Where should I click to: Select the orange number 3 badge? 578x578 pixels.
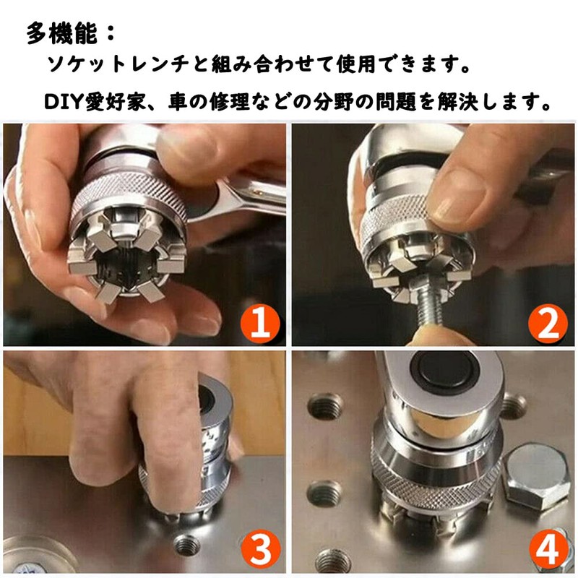click(260, 548)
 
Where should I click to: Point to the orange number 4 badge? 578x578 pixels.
click(548, 548)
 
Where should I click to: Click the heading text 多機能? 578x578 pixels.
click(62, 33)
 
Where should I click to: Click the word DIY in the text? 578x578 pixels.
click(64, 102)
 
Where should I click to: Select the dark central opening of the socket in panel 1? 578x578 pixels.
click(124, 268)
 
